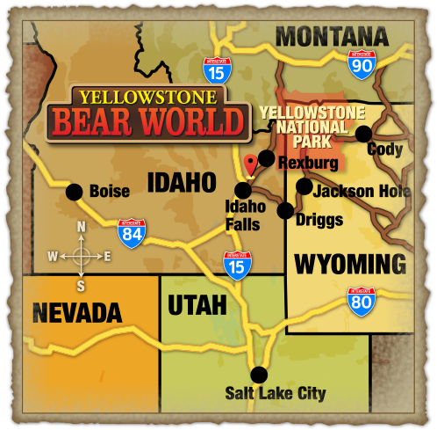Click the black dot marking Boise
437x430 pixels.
(x=75, y=191)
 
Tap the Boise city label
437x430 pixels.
(x=109, y=191)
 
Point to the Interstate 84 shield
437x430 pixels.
(x=131, y=232)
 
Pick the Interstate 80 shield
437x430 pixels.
(x=362, y=302)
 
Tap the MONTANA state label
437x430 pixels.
(x=332, y=37)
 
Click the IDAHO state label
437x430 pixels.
(x=181, y=182)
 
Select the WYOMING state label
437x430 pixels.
(x=350, y=263)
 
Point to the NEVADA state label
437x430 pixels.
(x=76, y=312)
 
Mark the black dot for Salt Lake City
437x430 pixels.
(x=259, y=374)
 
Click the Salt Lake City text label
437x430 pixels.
(x=275, y=393)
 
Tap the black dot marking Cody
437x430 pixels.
(x=362, y=133)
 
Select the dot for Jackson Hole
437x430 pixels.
(x=304, y=186)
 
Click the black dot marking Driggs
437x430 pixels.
(x=285, y=210)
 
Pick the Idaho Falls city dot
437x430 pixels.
(x=243, y=189)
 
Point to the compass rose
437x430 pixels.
(x=80, y=256)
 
